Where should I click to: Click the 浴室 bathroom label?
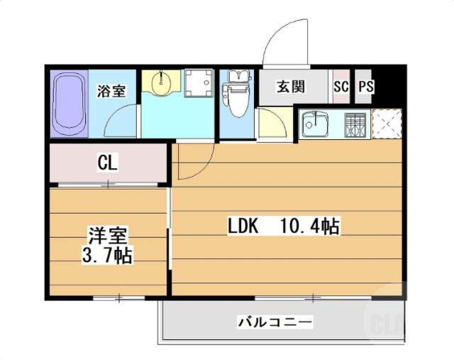click(111, 91)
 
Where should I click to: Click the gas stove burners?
click(355, 126)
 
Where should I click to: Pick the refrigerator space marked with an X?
click(387, 125)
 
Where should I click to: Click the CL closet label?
click(108, 163)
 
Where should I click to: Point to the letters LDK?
click(242, 227)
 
